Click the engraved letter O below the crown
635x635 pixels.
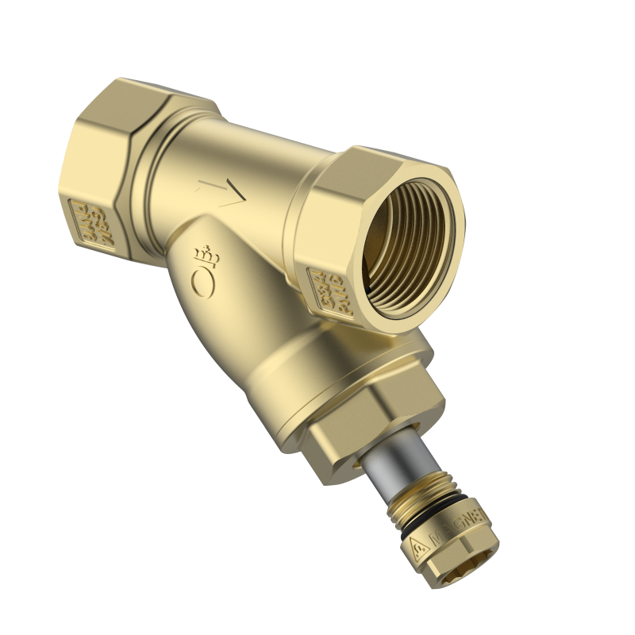[x=200, y=279]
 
